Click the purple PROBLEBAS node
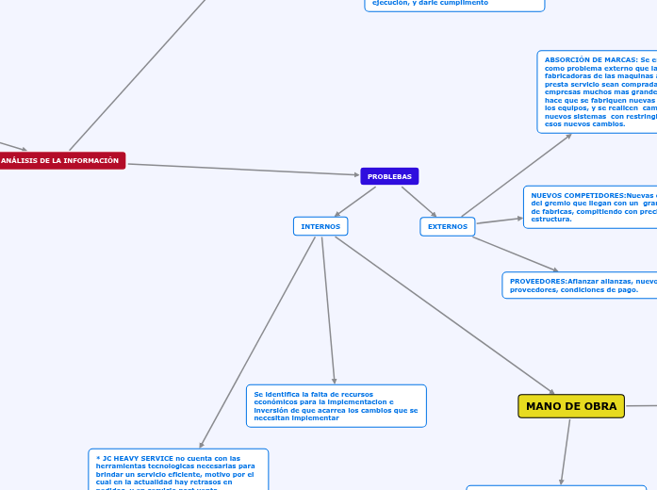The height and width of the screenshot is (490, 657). (389, 176)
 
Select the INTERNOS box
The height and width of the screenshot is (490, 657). (320, 226)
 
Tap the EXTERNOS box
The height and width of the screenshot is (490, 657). (447, 226)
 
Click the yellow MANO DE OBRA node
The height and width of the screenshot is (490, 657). (571, 406)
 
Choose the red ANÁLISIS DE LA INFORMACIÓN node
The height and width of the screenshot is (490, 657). (60, 161)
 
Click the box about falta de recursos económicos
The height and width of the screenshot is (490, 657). (336, 406)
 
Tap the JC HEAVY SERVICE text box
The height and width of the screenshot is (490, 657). (178, 470)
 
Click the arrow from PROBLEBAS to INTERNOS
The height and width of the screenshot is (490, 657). (355, 202)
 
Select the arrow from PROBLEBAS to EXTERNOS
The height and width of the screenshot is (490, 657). (419, 202)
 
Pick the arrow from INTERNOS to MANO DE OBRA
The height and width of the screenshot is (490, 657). (443, 315)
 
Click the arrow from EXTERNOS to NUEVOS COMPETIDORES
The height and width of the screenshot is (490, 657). (499, 220)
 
